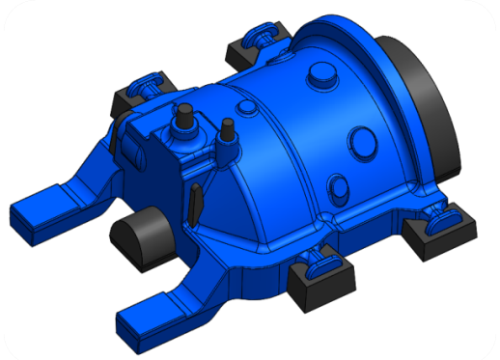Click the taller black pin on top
(x=181, y=118)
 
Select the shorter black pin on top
(x=228, y=131)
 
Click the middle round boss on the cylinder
(x=362, y=137)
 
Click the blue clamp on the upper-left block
(x=142, y=83)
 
